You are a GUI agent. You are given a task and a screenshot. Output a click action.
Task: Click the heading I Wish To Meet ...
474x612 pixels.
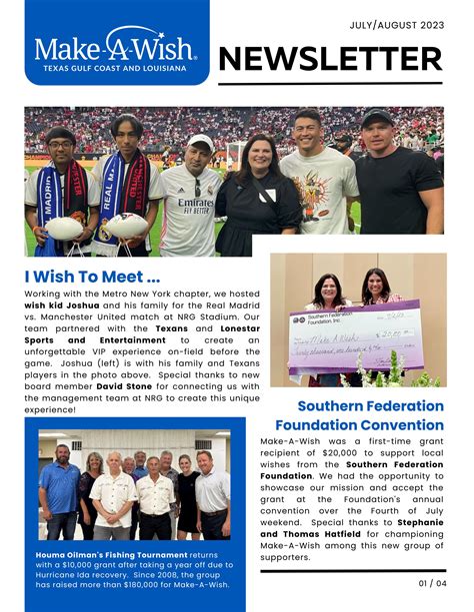point(92,275)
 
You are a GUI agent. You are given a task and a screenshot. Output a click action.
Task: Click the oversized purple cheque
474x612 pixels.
point(340,338)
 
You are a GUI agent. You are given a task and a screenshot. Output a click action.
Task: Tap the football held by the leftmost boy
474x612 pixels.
point(63,229)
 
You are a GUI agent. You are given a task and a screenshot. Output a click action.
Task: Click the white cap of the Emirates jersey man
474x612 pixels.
point(201,142)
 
